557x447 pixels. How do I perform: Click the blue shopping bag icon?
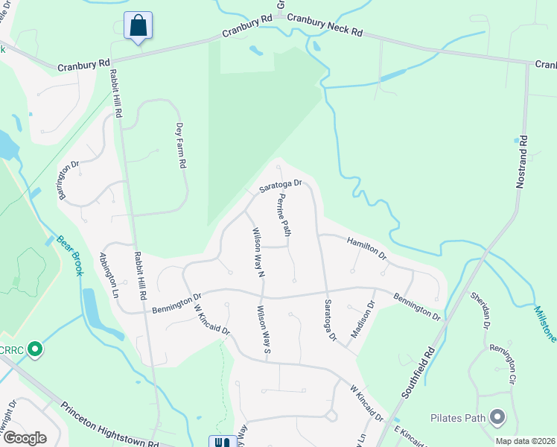click(139, 26)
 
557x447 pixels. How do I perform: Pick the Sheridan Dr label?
click(481, 310)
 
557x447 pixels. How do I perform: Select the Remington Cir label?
click(503, 364)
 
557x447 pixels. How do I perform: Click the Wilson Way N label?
click(258, 253)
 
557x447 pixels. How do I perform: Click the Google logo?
click(25, 438)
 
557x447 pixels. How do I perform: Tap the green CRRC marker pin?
click(34, 349)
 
